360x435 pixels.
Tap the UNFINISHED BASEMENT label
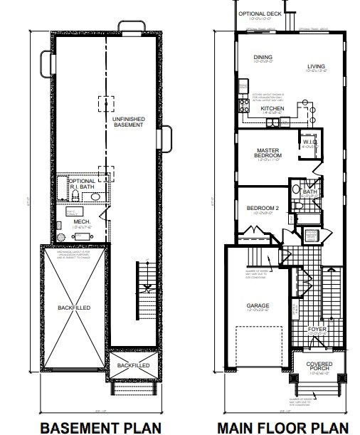pyautogui.click(x=129, y=122)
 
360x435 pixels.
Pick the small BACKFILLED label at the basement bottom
pyautogui.click(x=133, y=365)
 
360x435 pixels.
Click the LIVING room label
pyautogui.click(x=317, y=68)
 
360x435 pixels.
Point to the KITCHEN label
pyautogui.click(x=272, y=109)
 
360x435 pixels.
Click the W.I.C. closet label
pyautogui.click(x=309, y=141)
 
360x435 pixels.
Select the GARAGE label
pyautogui.click(x=258, y=306)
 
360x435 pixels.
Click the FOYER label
pyautogui.click(x=317, y=329)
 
